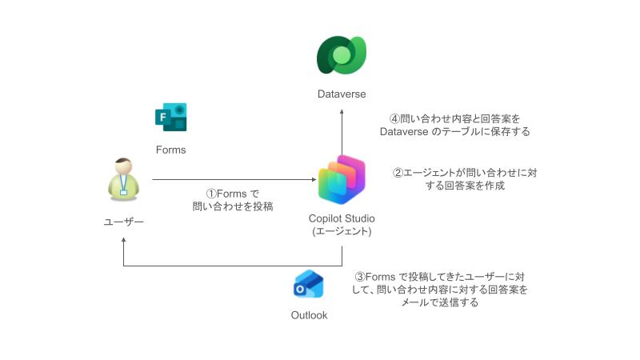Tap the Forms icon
(170, 117)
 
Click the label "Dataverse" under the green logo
(342, 94)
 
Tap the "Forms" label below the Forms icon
(170, 150)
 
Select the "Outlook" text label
(309, 315)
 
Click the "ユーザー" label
(124, 220)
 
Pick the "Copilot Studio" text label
(342, 218)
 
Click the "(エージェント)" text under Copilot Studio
(342, 232)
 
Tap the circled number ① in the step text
(213, 194)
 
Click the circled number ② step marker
(398, 172)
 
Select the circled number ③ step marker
(360, 277)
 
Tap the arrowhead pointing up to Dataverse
(342, 108)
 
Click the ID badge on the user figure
(124, 191)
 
